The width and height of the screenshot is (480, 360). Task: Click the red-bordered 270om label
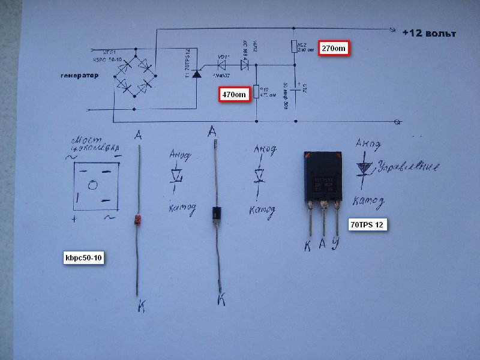[334, 48]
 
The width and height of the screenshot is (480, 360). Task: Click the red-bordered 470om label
[233, 94]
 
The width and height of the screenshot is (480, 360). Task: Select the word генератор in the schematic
[79, 76]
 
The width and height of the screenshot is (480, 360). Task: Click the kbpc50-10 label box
[84, 259]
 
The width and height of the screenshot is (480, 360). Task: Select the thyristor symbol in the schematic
[196, 74]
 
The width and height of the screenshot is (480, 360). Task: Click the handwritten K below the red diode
[142, 306]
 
